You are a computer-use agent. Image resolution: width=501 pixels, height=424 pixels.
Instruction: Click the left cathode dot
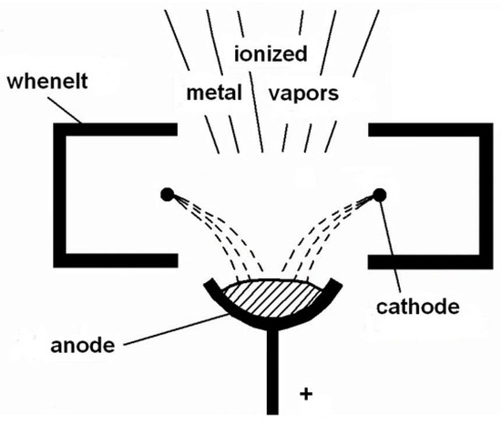(166, 193)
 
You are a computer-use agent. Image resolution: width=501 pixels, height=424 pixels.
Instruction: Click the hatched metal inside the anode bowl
(272, 297)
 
